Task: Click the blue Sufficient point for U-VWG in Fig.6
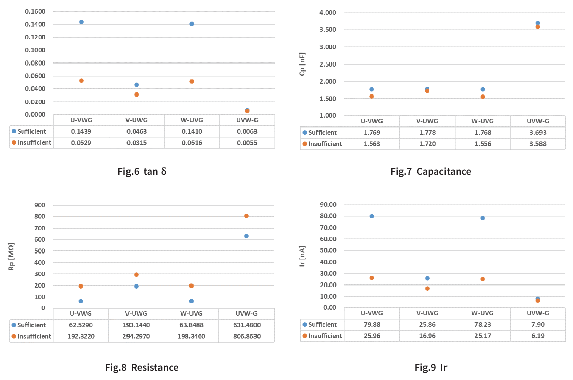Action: click(x=81, y=22)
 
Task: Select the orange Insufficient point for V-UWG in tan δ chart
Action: click(x=136, y=94)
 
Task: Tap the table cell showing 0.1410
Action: click(x=192, y=132)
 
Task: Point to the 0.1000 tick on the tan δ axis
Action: click(x=35, y=50)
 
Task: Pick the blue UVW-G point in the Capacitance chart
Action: click(x=538, y=23)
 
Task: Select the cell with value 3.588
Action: click(x=538, y=144)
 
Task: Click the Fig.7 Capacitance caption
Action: click(x=430, y=171)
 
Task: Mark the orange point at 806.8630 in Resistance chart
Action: click(x=246, y=216)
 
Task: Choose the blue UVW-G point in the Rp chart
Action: click(x=246, y=236)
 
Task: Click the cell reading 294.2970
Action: click(x=136, y=336)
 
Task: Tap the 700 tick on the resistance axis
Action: click(x=39, y=228)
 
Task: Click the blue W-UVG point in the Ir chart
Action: click(x=482, y=218)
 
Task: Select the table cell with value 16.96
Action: click(x=427, y=336)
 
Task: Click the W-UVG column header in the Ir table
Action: click(x=482, y=313)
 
